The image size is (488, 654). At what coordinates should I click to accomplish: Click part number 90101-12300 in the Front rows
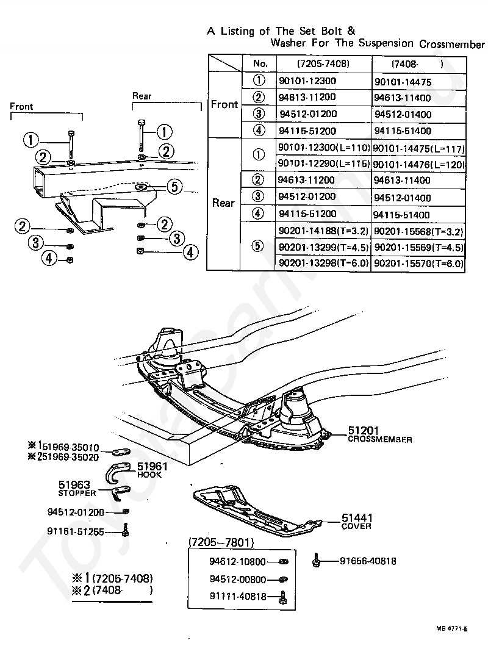point(307,81)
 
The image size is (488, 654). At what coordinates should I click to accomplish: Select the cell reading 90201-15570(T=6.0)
point(418,264)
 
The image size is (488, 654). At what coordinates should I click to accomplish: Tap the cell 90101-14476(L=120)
point(418,164)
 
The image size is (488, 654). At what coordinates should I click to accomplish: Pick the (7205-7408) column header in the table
point(323,64)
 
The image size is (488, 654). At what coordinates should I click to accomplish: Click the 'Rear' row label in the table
point(223,203)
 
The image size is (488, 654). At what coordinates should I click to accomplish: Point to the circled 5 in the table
point(258,246)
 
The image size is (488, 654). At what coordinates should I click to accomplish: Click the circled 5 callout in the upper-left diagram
point(174,187)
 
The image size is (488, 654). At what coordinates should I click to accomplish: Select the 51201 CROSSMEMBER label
point(379,434)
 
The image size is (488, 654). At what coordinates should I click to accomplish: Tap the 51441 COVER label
point(357,522)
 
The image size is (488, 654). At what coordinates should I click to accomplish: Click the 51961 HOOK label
point(152,470)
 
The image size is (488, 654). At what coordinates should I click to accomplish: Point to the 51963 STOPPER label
point(77,489)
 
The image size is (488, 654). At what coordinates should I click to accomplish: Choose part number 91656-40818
point(368,561)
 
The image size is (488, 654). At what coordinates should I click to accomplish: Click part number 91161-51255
point(76,532)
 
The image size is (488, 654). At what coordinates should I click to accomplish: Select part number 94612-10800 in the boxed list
point(237,562)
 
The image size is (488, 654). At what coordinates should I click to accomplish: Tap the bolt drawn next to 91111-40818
point(283,597)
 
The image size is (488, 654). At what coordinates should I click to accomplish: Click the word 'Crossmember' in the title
point(452,44)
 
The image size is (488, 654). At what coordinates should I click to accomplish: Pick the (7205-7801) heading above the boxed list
point(221,542)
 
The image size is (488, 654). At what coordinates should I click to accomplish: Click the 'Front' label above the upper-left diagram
point(21,106)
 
